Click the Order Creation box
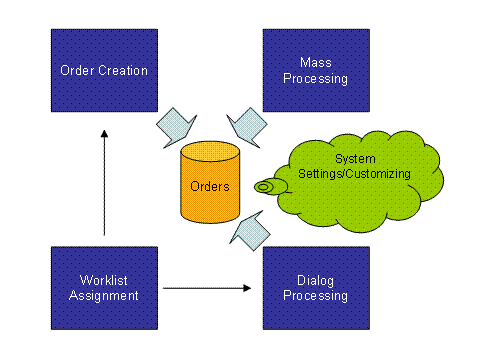[104, 70]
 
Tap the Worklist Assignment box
[104, 288]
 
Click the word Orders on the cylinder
[210, 186]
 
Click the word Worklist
[104, 280]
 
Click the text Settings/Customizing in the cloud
[355, 174]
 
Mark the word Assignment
[104, 296]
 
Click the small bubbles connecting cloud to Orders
[265, 186]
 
